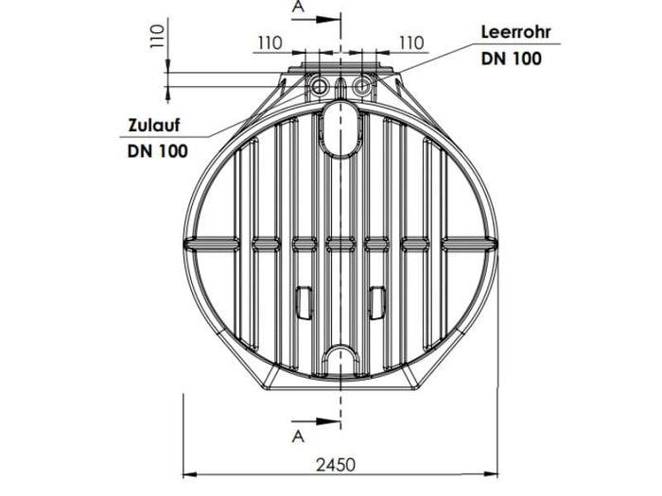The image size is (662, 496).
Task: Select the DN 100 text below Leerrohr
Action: pyautogui.click(x=511, y=59)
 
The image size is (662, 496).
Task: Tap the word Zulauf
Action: pyautogui.click(x=155, y=126)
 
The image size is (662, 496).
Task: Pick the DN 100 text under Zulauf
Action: pyautogui.click(x=157, y=150)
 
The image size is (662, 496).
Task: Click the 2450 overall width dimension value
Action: pyautogui.click(x=337, y=464)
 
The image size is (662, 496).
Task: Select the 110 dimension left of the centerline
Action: pyautogui.click(x=270, y=43)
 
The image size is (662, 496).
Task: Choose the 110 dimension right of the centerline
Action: pyautogui.click(x=410, y=43)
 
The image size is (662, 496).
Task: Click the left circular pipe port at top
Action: pyautogui.click(x=321, y=87)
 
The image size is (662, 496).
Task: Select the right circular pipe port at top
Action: pyautogui.click(x=359, y=87)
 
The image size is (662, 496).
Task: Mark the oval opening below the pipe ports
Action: pyautogui.click(x=340, y=128)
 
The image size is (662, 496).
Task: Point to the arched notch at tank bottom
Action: pyautogui.click(x=340, y=361)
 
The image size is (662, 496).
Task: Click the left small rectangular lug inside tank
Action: pyautogui.click(x=304, y=300)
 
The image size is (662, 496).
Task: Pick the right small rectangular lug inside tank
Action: pyautogui.click(x=376, y=300)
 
